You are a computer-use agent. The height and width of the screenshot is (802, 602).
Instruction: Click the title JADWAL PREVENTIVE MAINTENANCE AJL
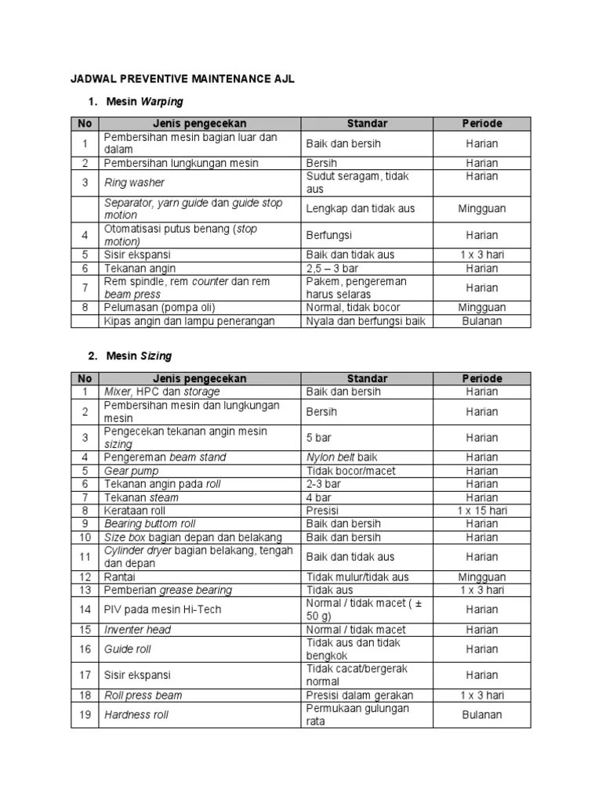pos(183,81)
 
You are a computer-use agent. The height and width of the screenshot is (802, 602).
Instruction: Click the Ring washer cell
pos(134,182)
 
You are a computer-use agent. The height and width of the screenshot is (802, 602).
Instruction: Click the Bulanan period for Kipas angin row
pos(481,321)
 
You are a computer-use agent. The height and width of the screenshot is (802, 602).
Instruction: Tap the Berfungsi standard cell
pos(328,235)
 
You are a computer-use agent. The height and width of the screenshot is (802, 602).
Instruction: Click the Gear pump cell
pos(131,471)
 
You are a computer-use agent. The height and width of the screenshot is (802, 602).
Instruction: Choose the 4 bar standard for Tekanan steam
pos(319,497)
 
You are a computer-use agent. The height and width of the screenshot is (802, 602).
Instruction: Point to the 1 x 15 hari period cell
pos(481,511)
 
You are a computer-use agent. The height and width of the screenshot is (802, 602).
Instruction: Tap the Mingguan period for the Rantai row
pos(481,577)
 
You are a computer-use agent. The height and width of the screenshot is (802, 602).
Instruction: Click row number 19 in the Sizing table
pos(85,714)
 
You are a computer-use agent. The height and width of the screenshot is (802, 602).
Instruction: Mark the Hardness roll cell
pos(136,714)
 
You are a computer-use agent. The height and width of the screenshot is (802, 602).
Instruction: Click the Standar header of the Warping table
pos(367,123)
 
